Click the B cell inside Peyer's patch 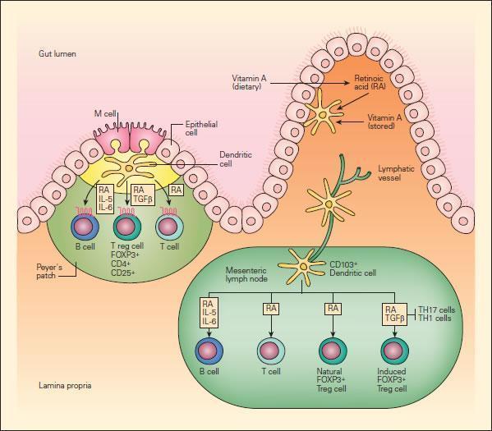coord(83,227)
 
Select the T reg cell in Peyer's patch coord(125,228)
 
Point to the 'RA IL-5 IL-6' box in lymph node coord(208,313)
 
